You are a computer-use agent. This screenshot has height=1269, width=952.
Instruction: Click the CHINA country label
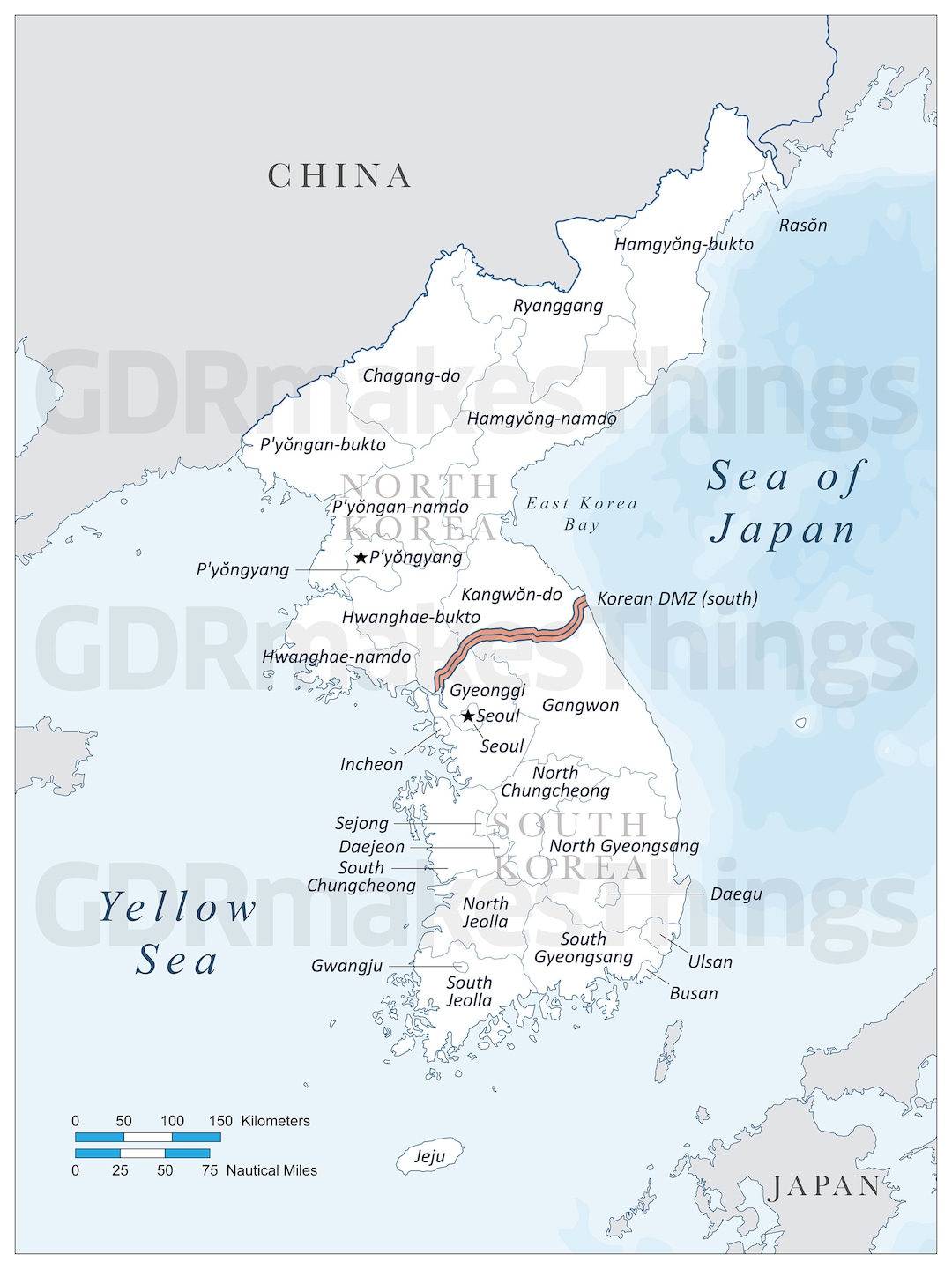[x=339, y=176]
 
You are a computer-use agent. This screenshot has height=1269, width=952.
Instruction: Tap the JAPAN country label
[x=823, y=1186]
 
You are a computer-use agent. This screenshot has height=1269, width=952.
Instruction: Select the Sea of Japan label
[x=785, y=503]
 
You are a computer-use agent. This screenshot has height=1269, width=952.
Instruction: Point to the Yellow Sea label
[x=177, y=933]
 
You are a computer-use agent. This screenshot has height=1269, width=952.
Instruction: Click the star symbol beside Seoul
[x=468, y=716]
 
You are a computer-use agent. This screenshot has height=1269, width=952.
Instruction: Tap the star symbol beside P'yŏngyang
[x=361, y=558]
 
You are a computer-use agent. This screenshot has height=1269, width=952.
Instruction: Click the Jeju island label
[x=429, y=1157]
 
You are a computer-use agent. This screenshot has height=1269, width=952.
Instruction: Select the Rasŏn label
[x=802, y=226]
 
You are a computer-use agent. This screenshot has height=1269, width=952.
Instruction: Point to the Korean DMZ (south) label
[x=677, y=598]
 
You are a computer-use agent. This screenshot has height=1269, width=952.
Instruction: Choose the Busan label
[x=694, y=993]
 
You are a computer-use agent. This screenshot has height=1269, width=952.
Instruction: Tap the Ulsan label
[x=710, y=961]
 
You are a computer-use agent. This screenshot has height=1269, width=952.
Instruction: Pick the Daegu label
[x=736, y=894]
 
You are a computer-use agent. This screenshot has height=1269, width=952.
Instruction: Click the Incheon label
[x=371, y=765]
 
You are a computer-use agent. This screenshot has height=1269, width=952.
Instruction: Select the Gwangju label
[x=346, y=966]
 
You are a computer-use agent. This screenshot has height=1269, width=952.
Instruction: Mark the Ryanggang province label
[x=558, y=306]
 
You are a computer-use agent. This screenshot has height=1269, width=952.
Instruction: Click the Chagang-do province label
[x=412, y=375]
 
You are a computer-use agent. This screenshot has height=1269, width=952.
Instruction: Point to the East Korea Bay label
[x=581, y=514]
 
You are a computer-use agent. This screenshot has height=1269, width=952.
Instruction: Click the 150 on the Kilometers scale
[x=220, y=1121]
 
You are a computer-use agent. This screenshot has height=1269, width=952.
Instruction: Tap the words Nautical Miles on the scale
[x=271, y=1170]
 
